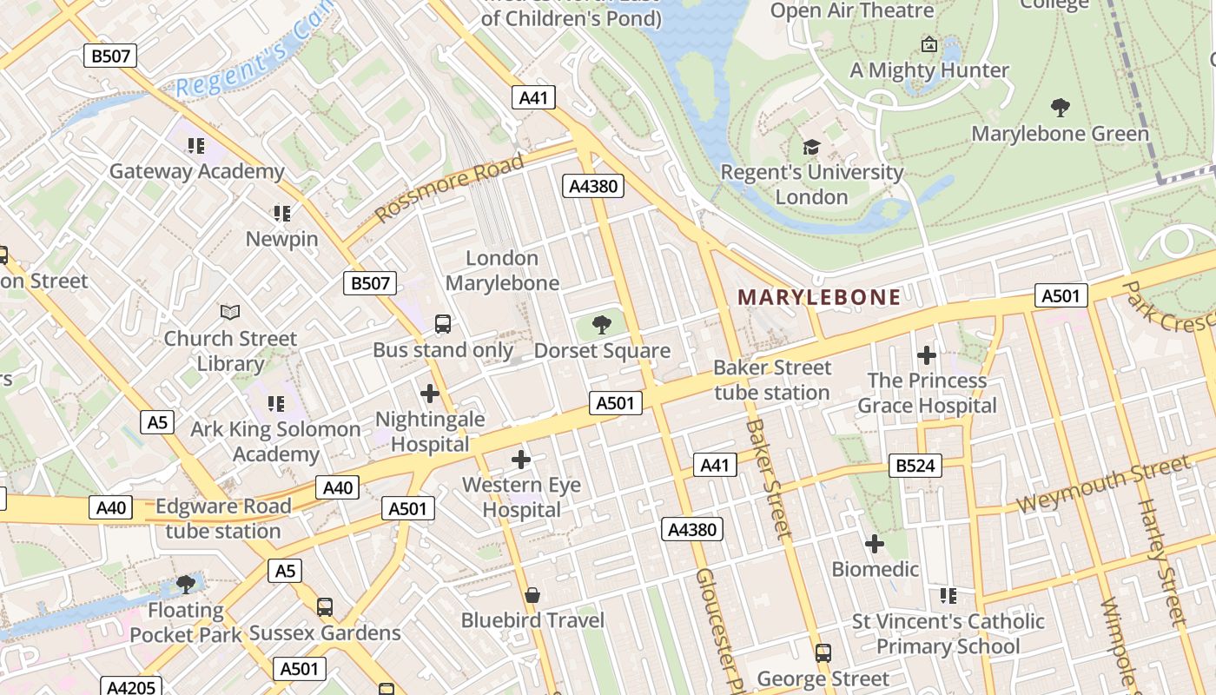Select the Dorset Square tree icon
[x=601, y=326]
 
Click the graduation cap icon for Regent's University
[x=811, y=147]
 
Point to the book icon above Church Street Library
[x=230, y=312]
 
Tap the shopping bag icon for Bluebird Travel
[x=532, y=595]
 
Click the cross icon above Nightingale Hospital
[x=429, y=394]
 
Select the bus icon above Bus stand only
[x=442, y=324]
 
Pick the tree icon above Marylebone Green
[x=1060, y=108]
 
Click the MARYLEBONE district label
[x=819, y=297]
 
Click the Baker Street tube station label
[x=772, y=380]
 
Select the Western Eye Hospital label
[x=521, y=497]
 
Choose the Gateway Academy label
[x=196, y=171]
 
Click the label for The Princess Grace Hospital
[x=927, y=393]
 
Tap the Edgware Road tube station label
[x=222, y=519]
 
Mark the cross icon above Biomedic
[x=874, y=544]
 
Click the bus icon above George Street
[x=823, y=652]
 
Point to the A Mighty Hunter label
[x=929, y=70]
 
